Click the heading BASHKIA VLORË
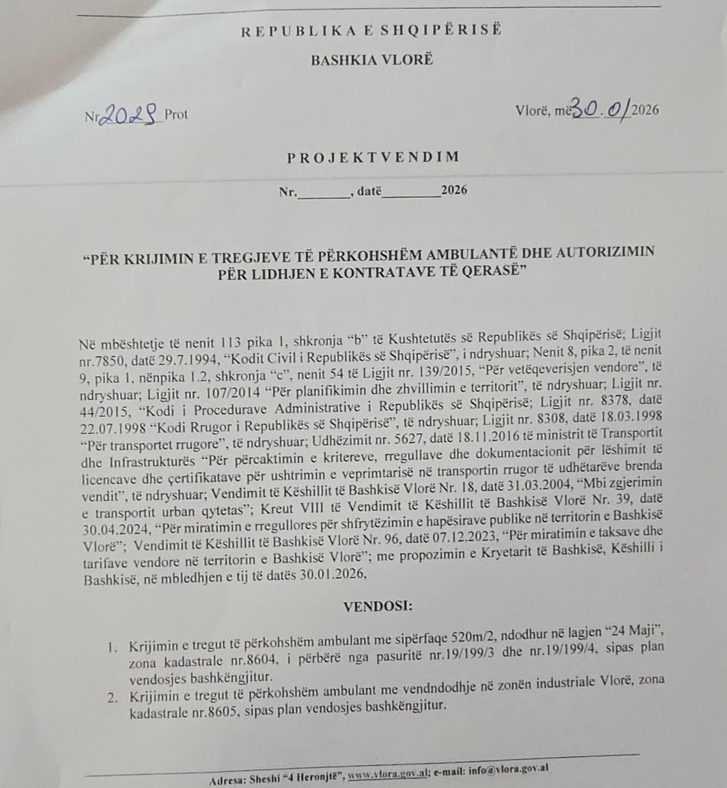pos(372,61)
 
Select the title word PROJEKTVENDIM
pos(373,157)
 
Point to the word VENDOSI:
pos(378,606)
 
